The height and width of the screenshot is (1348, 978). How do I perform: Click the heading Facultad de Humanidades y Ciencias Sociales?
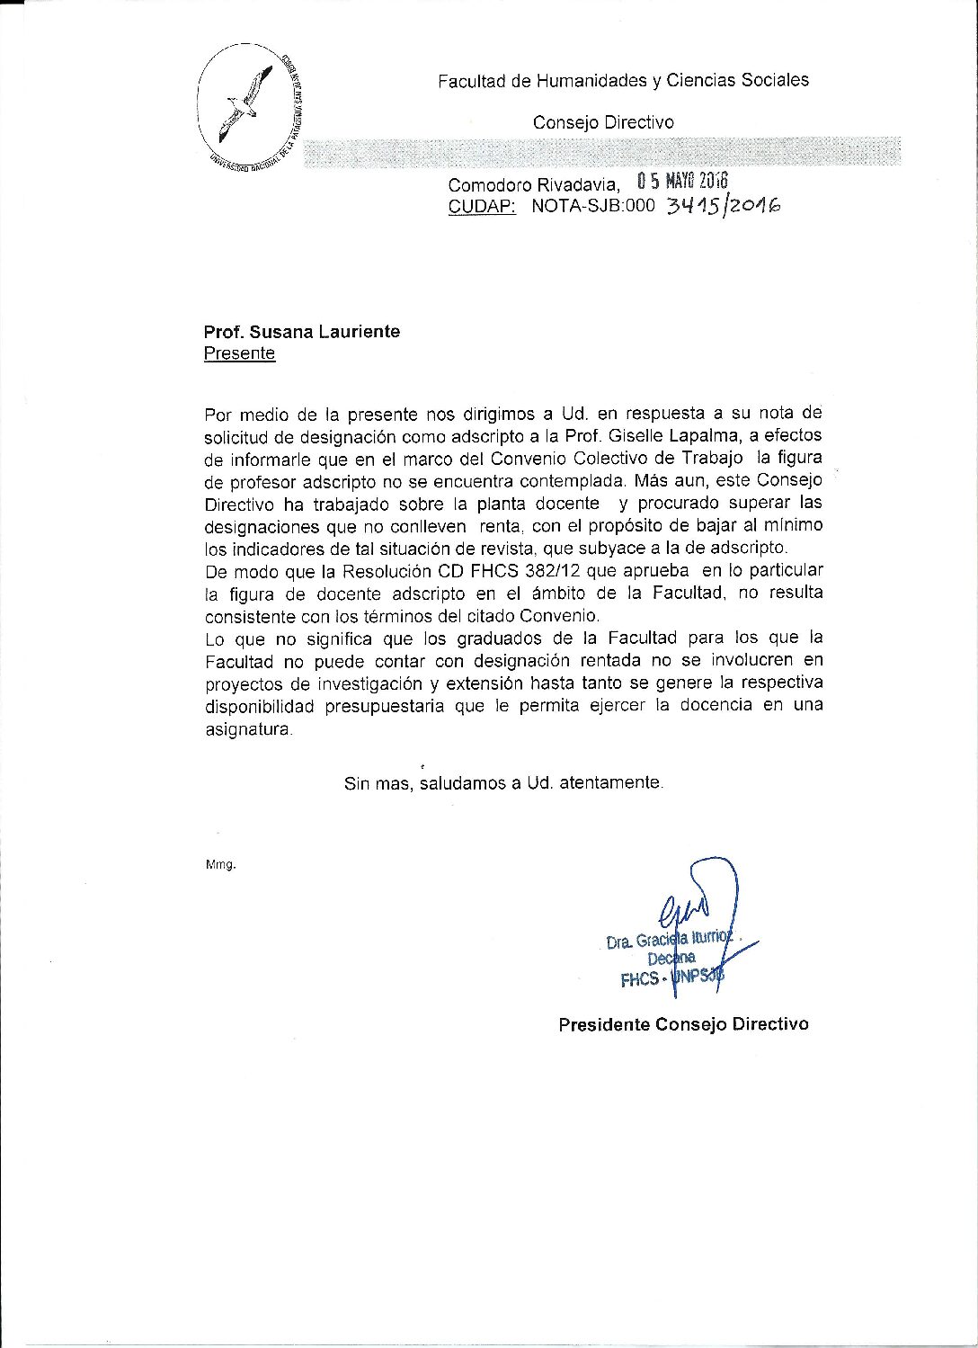[623, 81]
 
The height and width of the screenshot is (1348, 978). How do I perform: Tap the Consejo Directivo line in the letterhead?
[603, 122]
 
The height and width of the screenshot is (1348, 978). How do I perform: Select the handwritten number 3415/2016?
[722, 207]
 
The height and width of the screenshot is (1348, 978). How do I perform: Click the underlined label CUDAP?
[482, 207]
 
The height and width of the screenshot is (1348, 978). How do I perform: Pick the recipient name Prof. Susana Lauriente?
[302, 332]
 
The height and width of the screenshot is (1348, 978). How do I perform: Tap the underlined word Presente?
[239, 353]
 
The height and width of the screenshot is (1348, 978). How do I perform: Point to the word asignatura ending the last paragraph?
[248, 730]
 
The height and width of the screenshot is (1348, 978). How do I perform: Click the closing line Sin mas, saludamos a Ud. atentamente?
[503, 782]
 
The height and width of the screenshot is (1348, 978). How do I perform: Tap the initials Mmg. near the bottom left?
[220, 864]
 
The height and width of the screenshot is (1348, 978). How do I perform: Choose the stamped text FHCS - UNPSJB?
[671, 979]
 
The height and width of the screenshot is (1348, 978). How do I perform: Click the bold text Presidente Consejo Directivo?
[683, 1024]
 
